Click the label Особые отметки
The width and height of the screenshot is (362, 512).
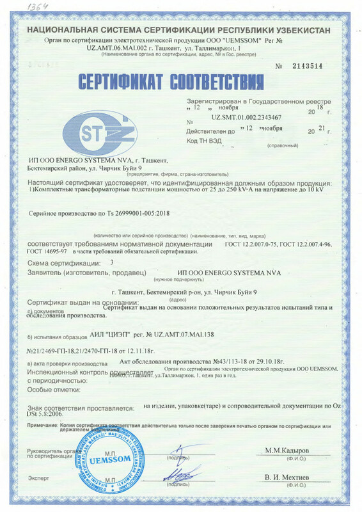(54, 389)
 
